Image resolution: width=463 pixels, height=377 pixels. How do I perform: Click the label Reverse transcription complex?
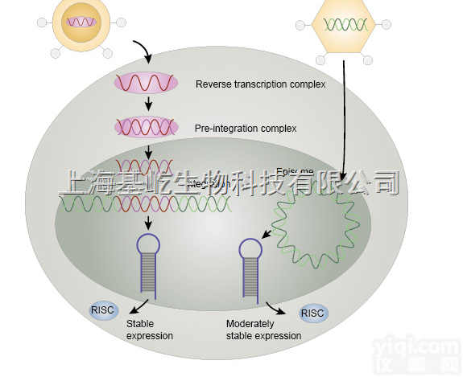pyautogui.click(x=260, y=84)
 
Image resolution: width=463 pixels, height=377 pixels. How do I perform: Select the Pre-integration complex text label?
pyautogui.click(x=246, y=129)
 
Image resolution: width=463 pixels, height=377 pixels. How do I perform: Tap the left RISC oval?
pyautogui.click(x=103, y=309)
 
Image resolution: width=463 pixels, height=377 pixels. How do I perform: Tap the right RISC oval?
pyautogui.click(x=313, y=314)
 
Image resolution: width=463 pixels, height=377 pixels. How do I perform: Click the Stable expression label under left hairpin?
pyautogui.click(x=150, y=330)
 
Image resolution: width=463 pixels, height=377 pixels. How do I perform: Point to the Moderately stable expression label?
pyautogui.click(x=263, y=330)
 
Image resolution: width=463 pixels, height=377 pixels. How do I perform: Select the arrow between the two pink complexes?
pyautogui.click(x=148, y=104)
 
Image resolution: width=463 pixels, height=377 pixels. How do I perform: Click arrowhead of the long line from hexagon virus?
pyautogui.click(x=344, y=178)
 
